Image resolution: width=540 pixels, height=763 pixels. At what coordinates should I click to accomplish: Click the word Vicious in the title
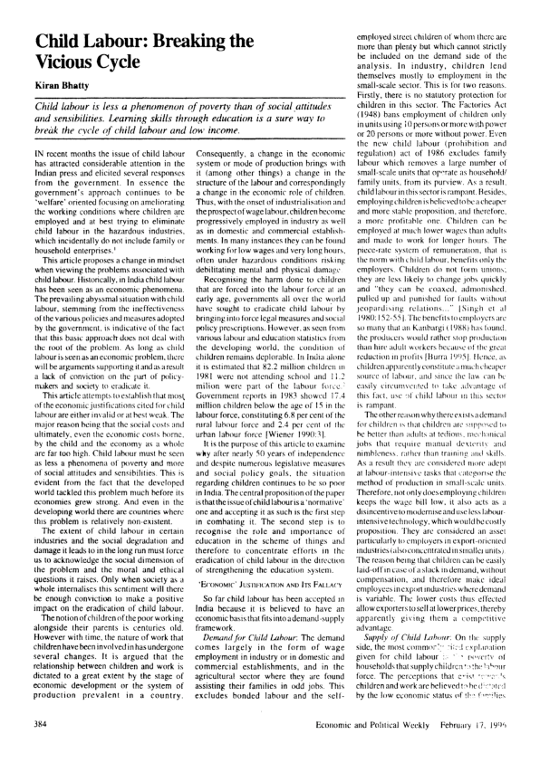(x=53, y=64)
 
